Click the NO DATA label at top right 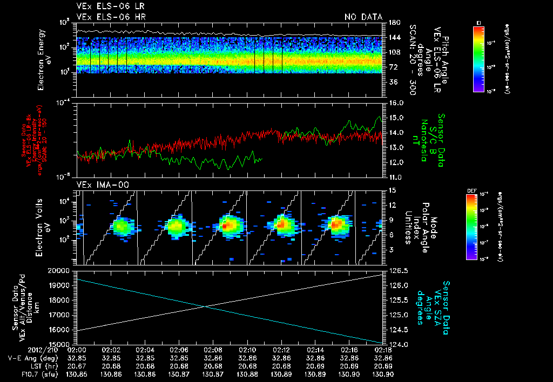click(x=363, y=17)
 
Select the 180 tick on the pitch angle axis click(x=393, y=23)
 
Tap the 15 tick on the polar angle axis click(x=392, y=190)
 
